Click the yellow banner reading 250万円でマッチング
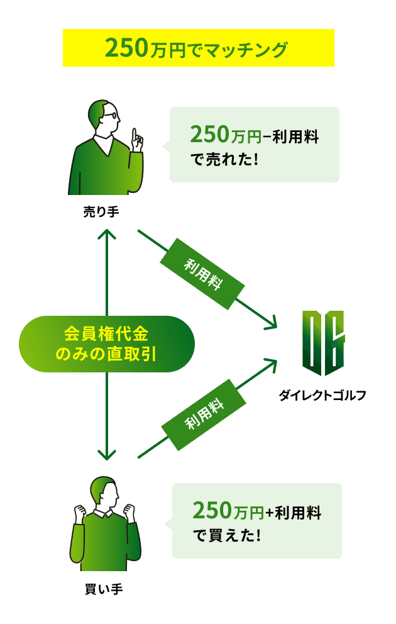[x=198, y=48]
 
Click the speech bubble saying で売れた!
[x=254, y=145]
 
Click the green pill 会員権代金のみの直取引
[x=107, y=343]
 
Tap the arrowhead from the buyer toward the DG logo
[x=270, y=364]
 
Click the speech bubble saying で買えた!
[x=256, y=521]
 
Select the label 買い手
[x=103, y=589]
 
